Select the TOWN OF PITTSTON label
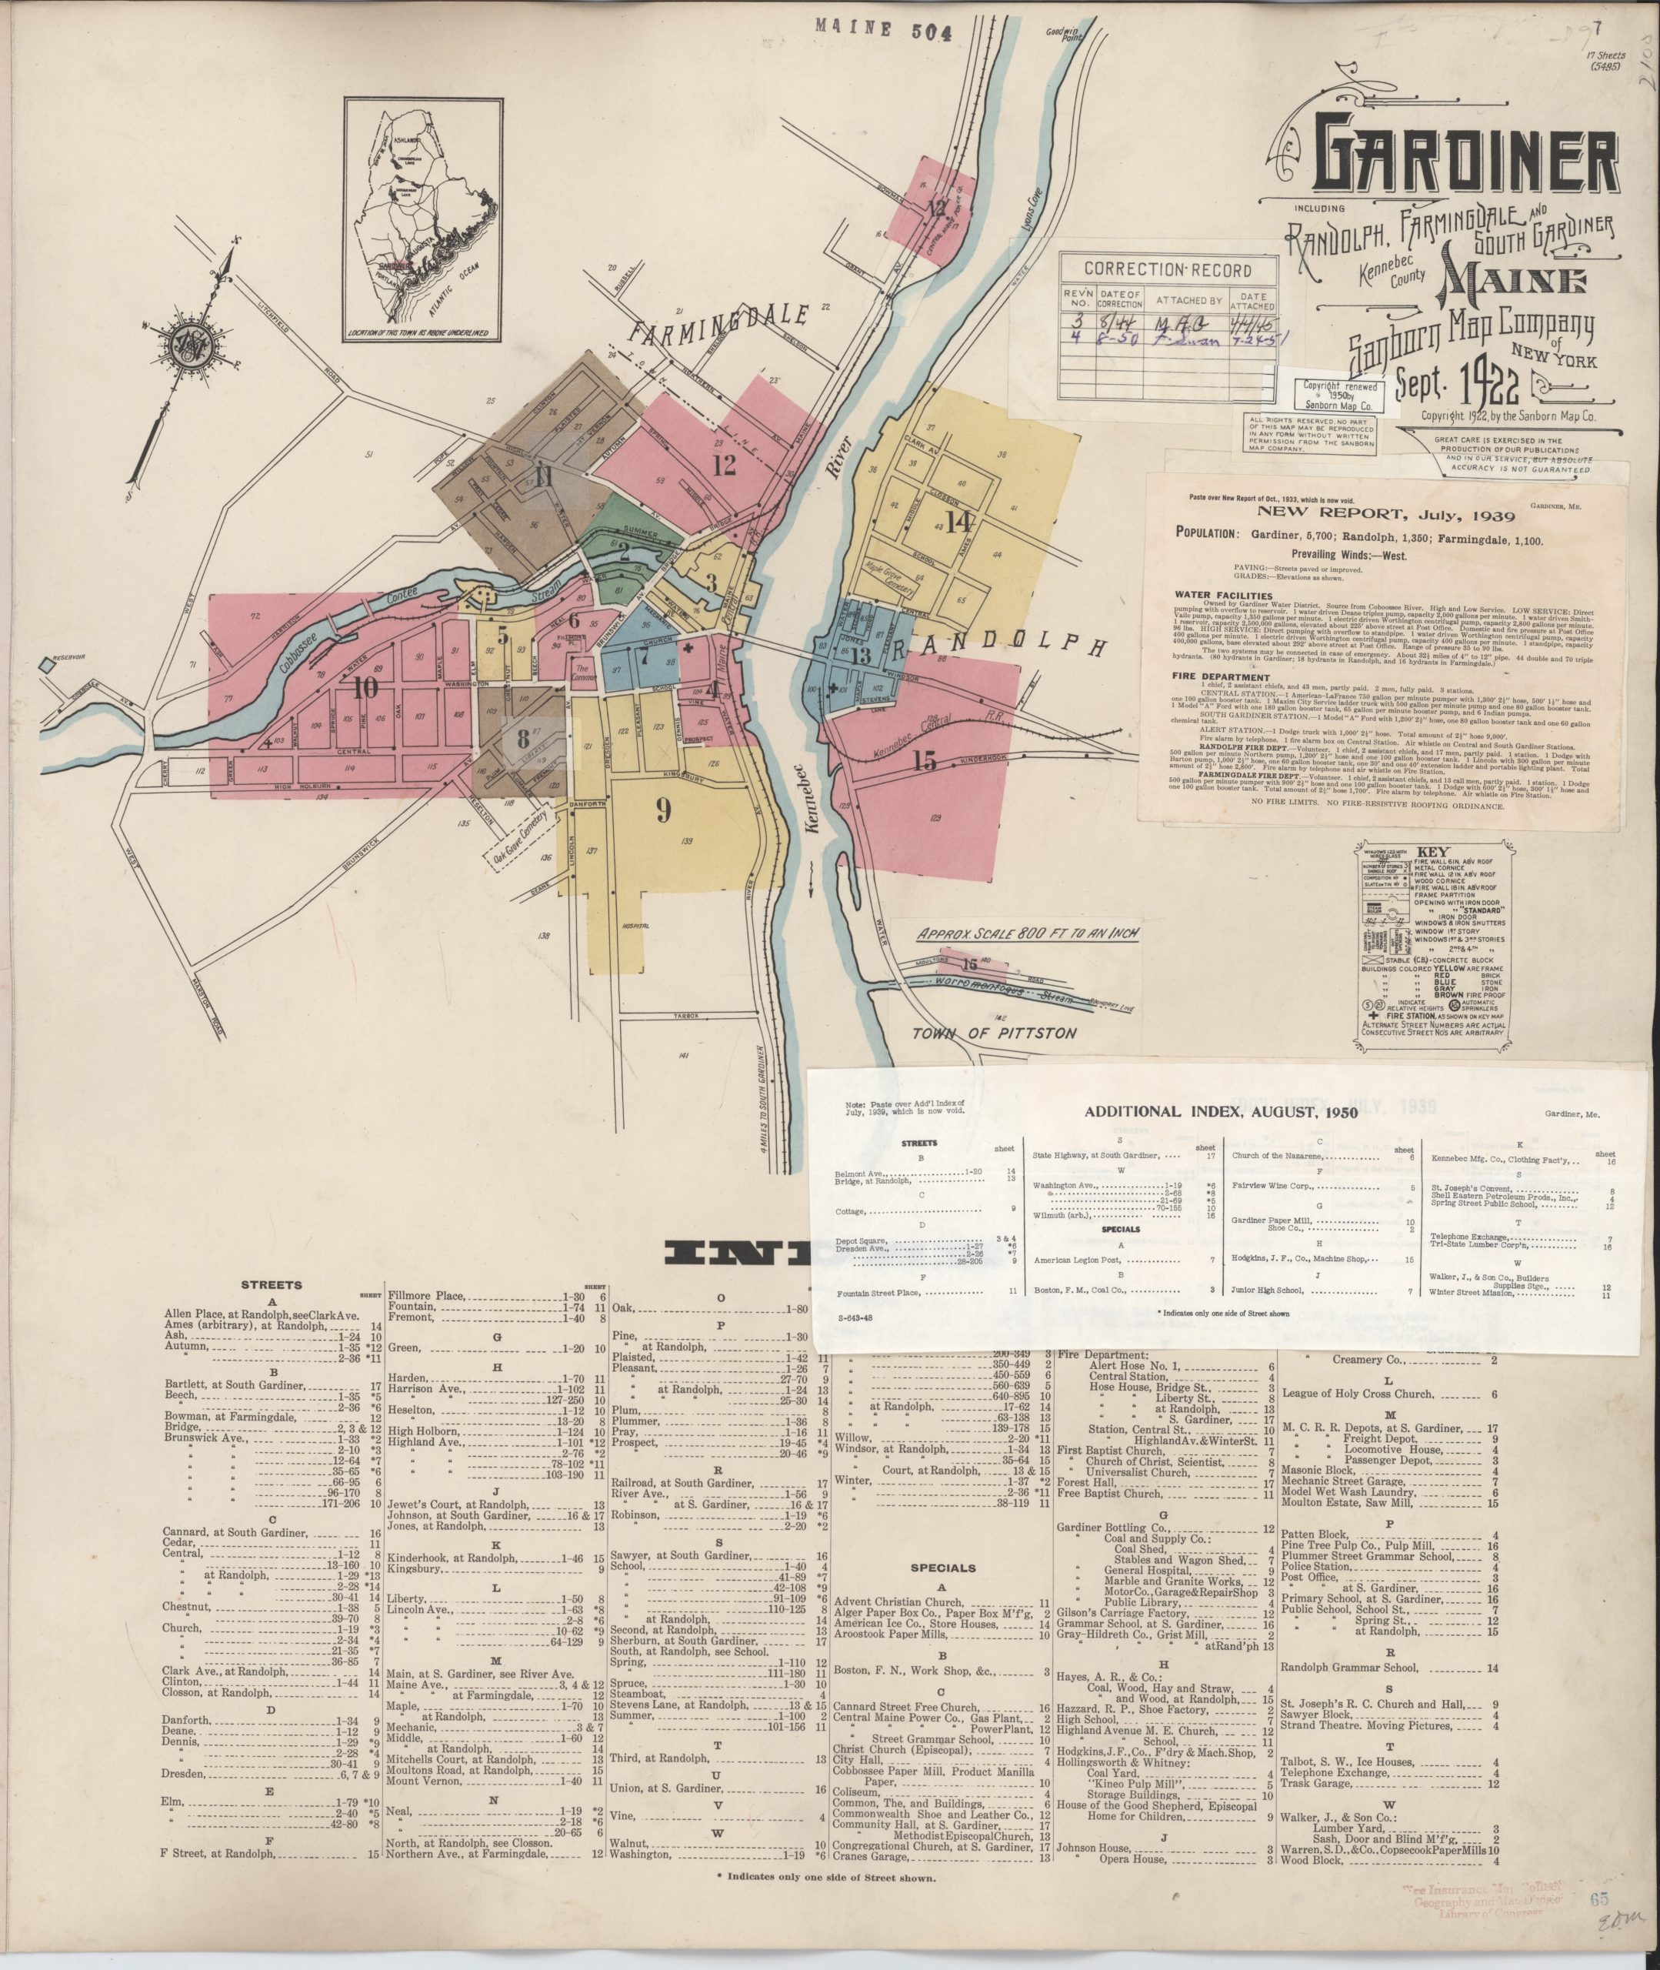[x=994, y=1033]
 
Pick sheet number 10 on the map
[x=366, y=687]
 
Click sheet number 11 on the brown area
[x=543, y=476]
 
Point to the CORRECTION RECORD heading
[x=1167, y=269]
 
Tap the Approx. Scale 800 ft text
[x=1028, y=935]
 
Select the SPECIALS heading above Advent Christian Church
[x=942, y=1568]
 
